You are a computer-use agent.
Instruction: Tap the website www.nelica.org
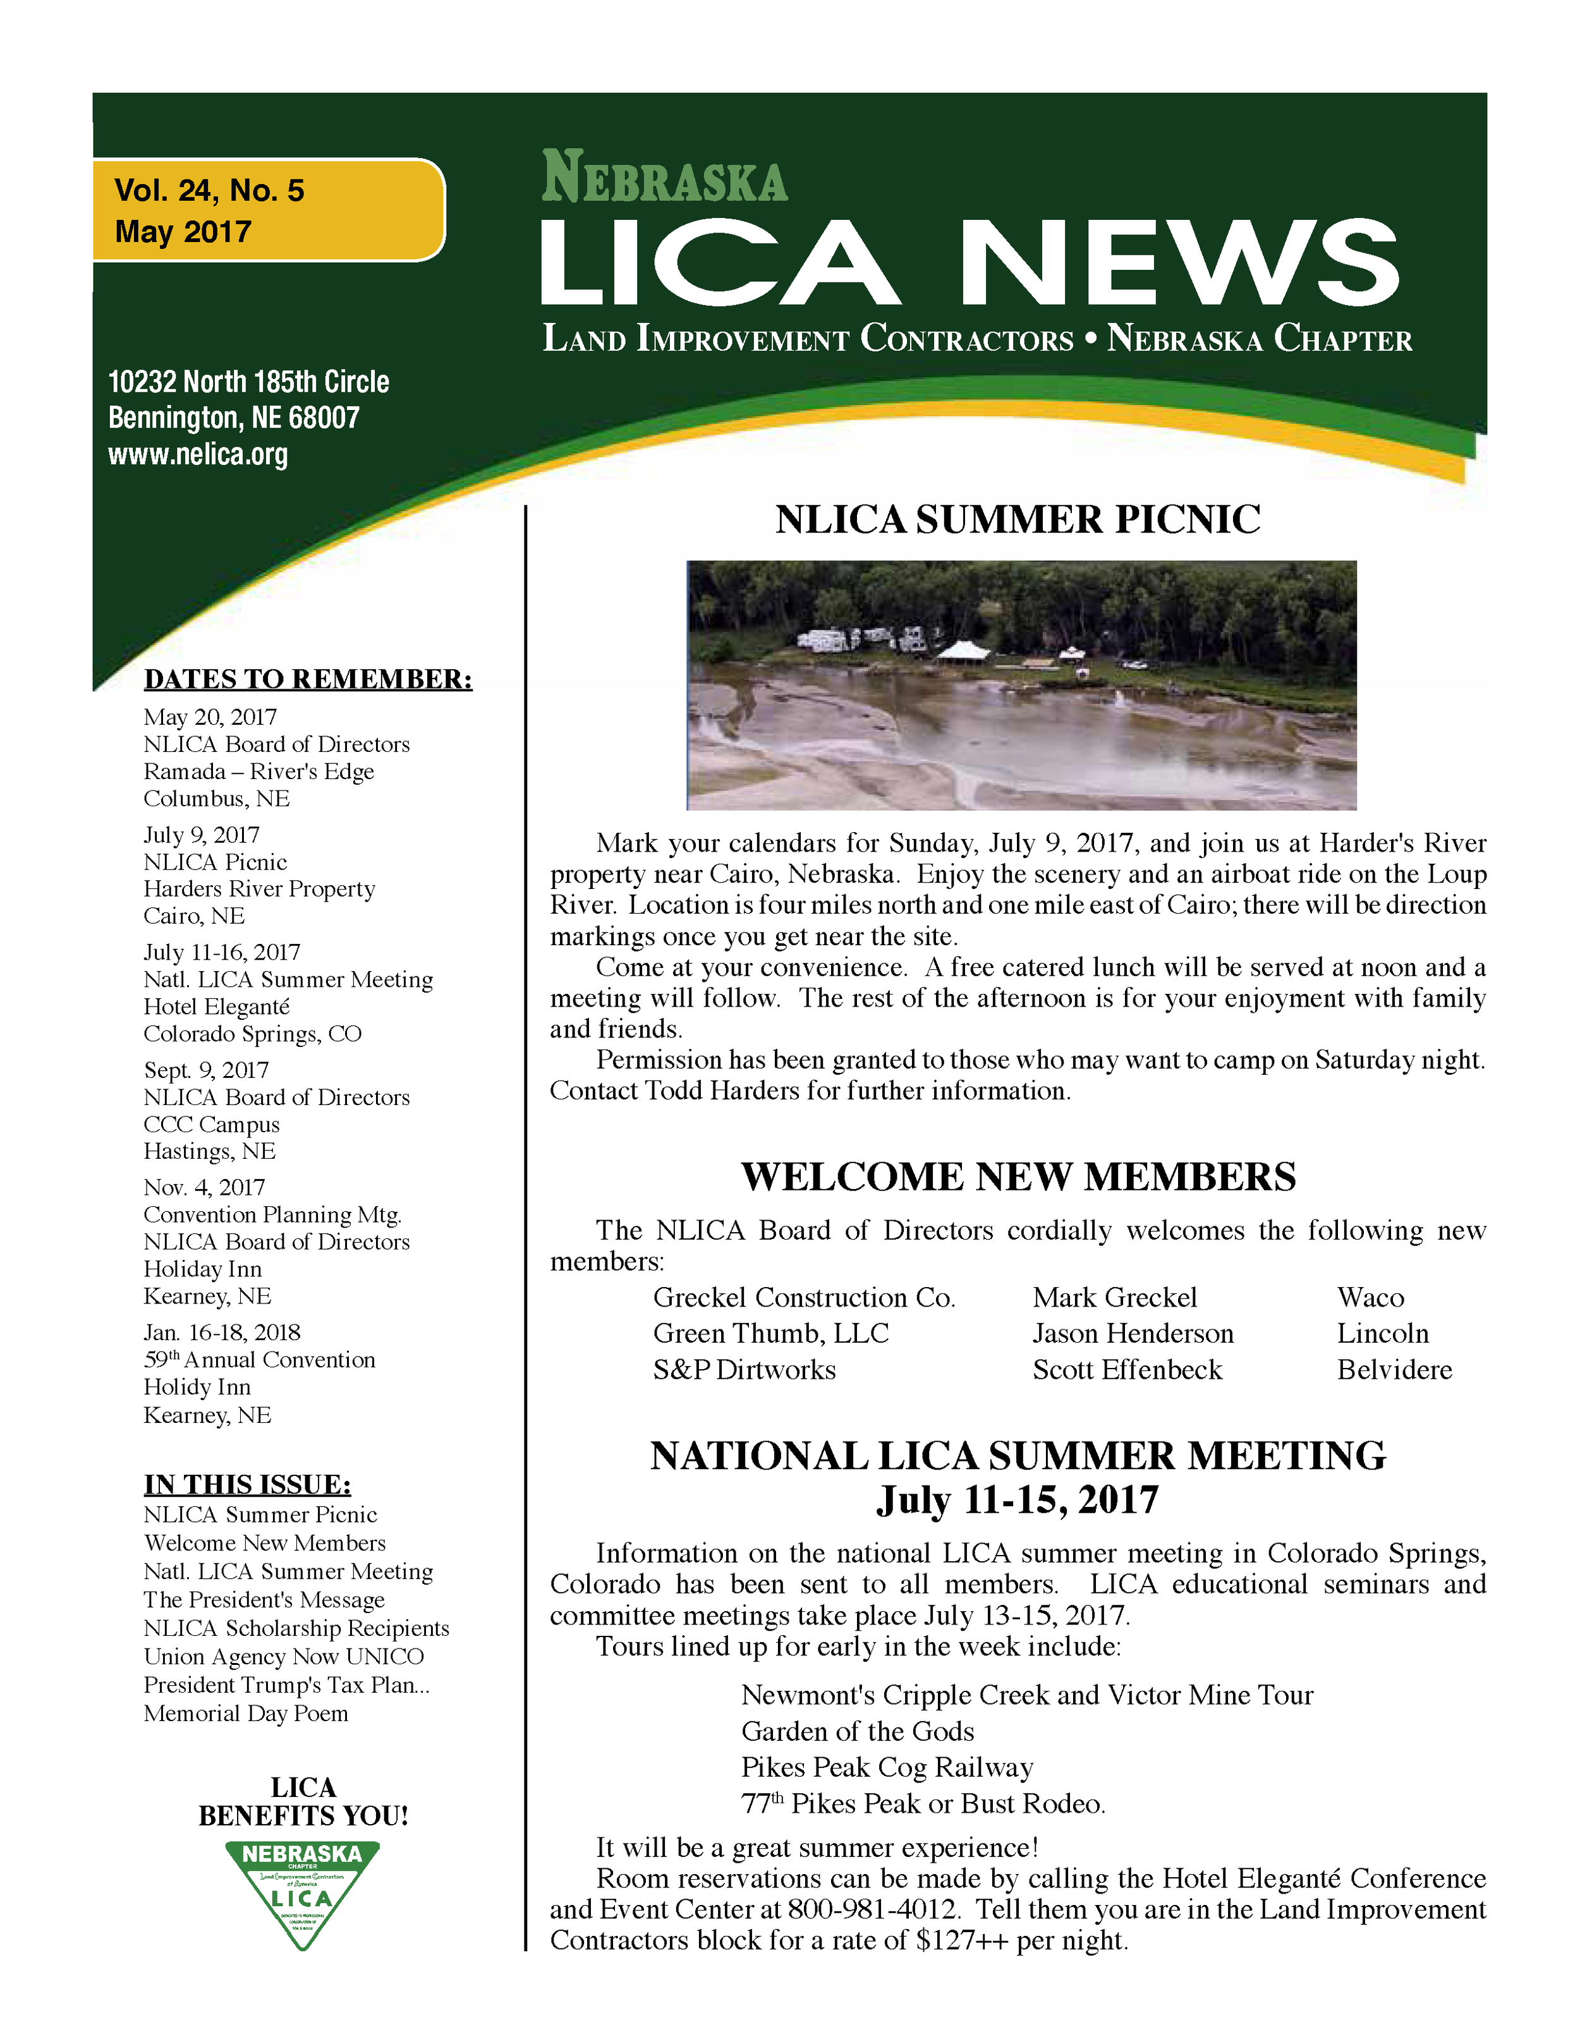tap(197, 455)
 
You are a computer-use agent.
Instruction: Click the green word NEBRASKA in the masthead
tap(665, 177)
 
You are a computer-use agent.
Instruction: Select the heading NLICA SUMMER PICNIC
tap(1018, 519)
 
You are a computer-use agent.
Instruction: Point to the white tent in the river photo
tap(969, 650)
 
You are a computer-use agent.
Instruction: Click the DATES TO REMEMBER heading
tap(308, 679)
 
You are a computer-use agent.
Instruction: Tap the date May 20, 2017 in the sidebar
tap(210, 717)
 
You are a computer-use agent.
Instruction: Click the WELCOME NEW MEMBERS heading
tap(1018, 1176)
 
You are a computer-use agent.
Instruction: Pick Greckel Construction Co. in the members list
tap(804, 1297)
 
